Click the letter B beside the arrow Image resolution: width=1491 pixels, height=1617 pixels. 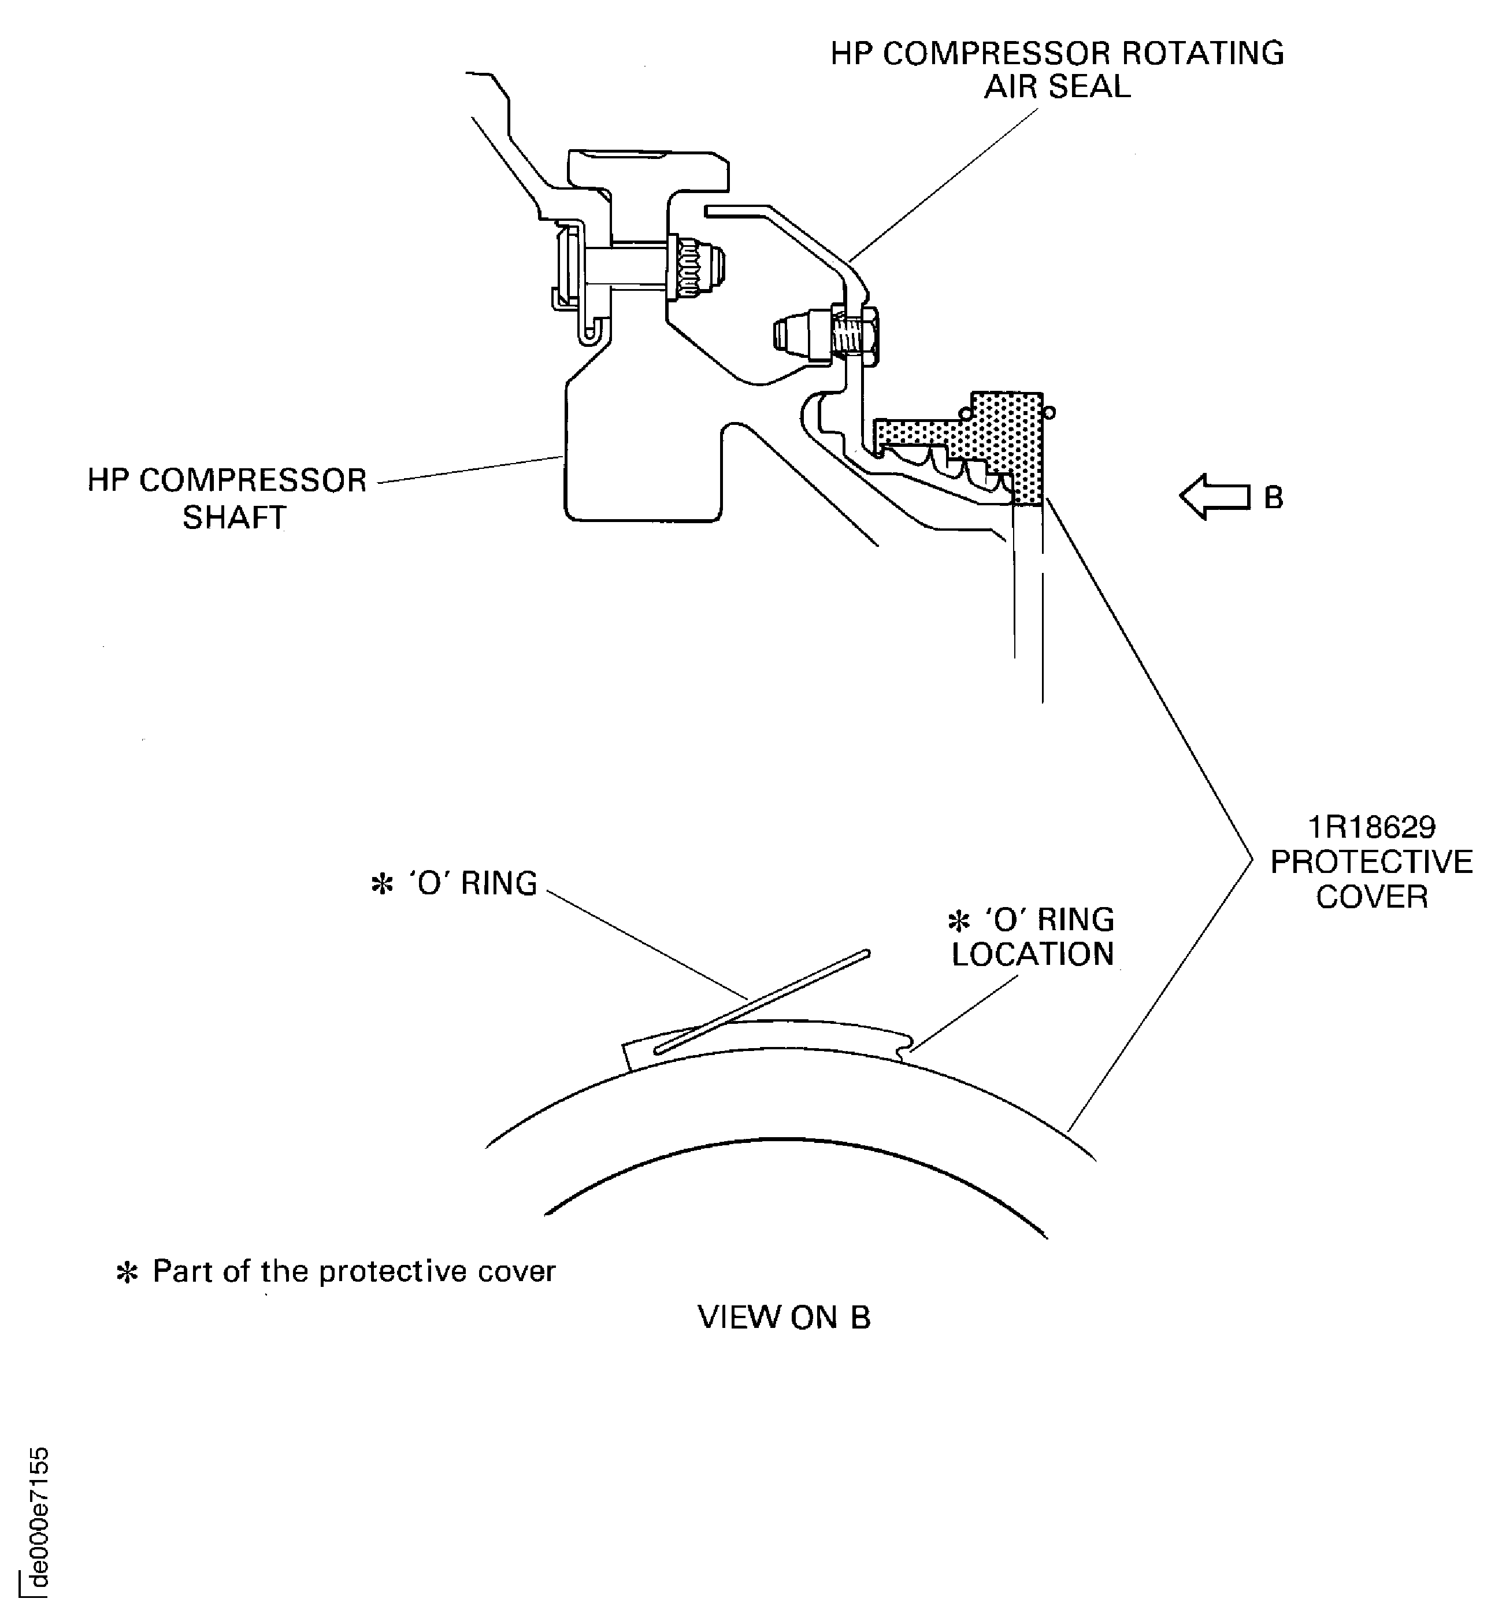[1273, 498]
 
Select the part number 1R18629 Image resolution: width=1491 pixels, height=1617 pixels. [1371, 827]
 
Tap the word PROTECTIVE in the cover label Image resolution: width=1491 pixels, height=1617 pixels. [1371, 862]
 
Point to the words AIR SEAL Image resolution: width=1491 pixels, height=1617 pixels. [1057, 87]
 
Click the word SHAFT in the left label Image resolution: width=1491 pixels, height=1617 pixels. [234, 517]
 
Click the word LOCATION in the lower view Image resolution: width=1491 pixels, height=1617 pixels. [1033, 954]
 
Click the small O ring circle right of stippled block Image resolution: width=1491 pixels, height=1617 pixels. [1049, 413]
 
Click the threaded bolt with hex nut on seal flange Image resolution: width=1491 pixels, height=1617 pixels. [855, 334]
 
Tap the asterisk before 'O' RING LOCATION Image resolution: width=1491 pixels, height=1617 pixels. [959, 921]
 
